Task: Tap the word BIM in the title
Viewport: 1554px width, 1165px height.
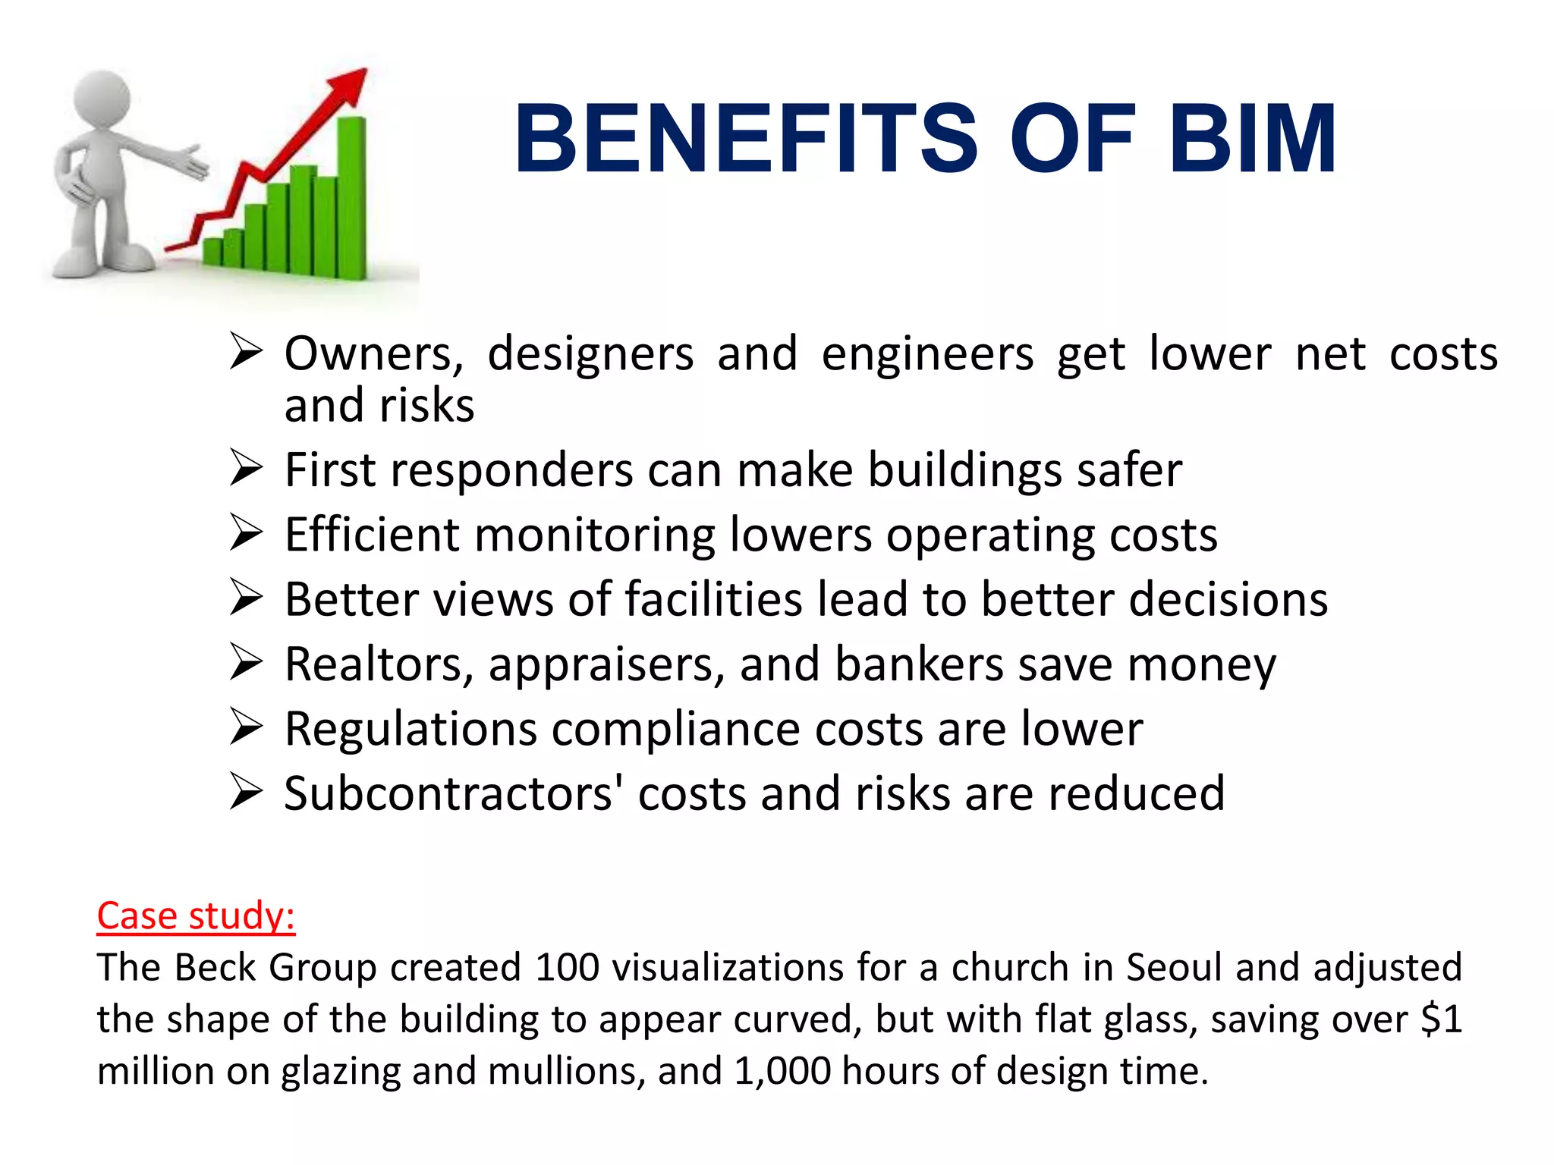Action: click(x=1252, y=139)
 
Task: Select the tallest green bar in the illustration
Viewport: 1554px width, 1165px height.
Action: click(x=351, y=197)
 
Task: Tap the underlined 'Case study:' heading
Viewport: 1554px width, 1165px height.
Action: click(x=196, y=915)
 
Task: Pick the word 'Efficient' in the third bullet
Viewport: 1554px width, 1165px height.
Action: click(x=372, y=535)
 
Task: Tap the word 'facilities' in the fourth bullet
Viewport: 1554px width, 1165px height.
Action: click(x=713, y=599)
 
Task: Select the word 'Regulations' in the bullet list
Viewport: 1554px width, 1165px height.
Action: click(x=411, y=730)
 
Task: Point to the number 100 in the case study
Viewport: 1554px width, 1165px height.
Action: click(x=568, y=968)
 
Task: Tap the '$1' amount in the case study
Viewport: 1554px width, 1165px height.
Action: click(x=1441, y=1019)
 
